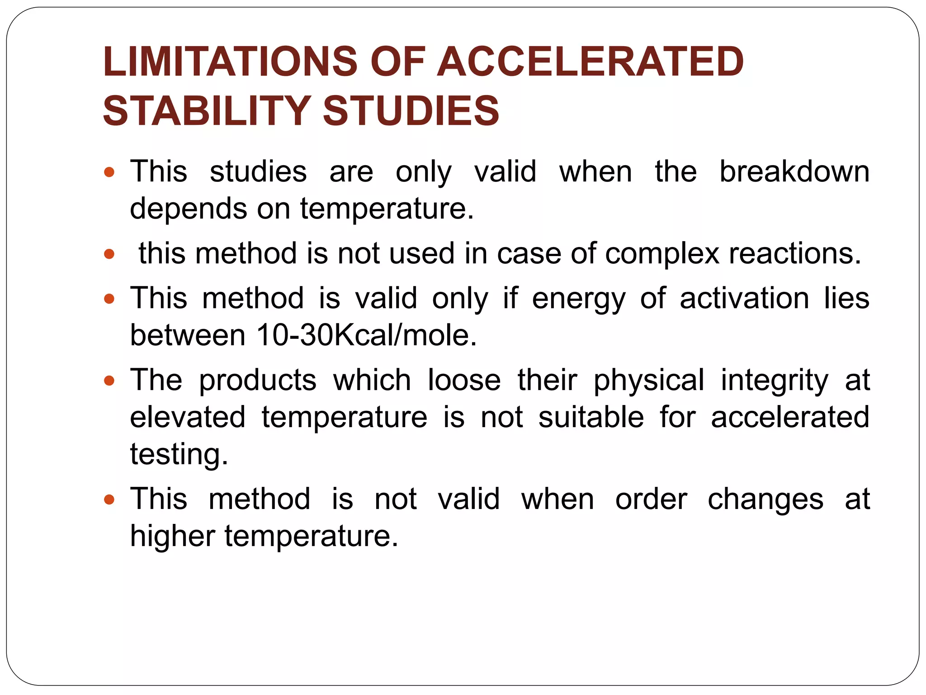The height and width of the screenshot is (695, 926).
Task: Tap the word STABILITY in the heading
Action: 206,111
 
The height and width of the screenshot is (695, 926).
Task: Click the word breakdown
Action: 794,172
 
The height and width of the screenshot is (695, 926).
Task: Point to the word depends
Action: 188,209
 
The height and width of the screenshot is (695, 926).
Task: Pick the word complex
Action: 662,253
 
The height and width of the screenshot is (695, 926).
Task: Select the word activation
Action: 744,299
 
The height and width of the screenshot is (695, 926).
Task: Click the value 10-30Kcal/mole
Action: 366,335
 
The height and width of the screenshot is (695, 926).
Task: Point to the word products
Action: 258,380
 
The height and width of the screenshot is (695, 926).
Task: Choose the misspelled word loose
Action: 464,380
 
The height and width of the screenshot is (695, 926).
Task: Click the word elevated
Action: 188,417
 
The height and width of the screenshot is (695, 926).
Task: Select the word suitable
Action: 591,417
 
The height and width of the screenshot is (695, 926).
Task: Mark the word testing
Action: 179,454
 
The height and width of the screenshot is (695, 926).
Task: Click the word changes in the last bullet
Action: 765,500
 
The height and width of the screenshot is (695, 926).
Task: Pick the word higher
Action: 172,537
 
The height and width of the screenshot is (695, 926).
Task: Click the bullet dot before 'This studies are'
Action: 109,172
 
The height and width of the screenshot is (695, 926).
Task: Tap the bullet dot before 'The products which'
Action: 109,381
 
